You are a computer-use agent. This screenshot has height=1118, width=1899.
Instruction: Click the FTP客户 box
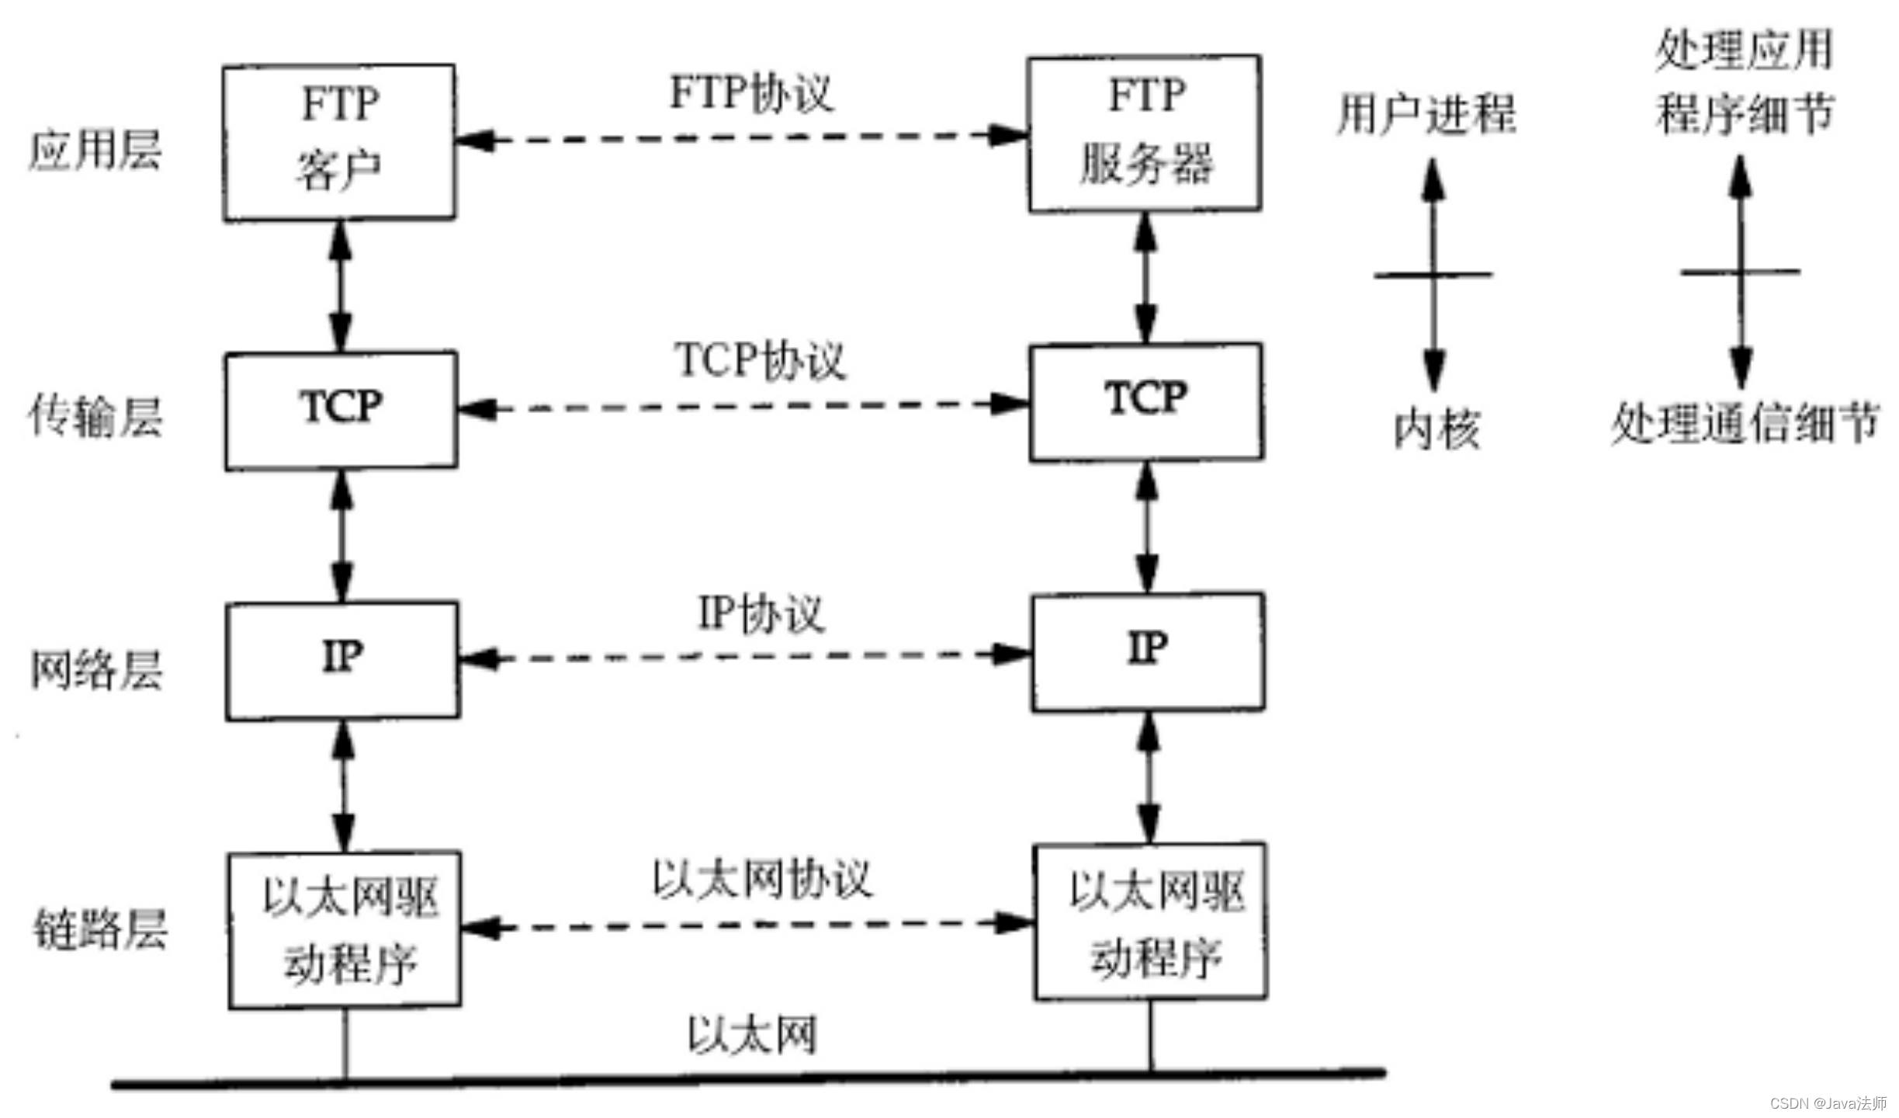pyautogui.click(x=339, y=142)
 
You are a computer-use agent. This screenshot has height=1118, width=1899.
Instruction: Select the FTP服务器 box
pyautogui.click(x=1145, y=133)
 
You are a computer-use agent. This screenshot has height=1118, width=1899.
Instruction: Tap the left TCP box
pyautogui.click(x=341, y=410)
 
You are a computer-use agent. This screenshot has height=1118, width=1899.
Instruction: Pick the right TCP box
pyautogui.click(x=1146, y=402)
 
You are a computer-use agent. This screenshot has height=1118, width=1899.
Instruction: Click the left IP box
pyautogui.click(x=342, y=660)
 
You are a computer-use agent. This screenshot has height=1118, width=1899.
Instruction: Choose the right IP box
pyautogui.click(x=1148, y=651)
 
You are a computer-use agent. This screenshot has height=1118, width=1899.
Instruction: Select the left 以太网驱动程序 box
pyautogui.click(x=345, y=929)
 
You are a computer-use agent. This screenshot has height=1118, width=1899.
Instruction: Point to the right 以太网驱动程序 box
pyautogui.click(x=1151, y=921)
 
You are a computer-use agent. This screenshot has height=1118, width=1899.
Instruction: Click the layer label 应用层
pyautogui.click(x=95, y=150)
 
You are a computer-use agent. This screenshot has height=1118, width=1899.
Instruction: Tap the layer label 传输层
pyautogui.click(x=95, y=417)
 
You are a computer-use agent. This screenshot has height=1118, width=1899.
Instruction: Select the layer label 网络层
pyautogui.click(x=96, y=669)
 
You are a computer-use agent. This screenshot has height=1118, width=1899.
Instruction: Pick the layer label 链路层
pyautogui.click(x=99, y=929)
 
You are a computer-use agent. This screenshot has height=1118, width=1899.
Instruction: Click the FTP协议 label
pyautogui.click(x=751, y=93)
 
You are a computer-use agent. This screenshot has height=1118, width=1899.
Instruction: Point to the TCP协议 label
pyautogui.click(x=760, y=360)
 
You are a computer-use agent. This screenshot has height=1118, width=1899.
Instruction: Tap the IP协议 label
pyautogui.click(x=761, y=613)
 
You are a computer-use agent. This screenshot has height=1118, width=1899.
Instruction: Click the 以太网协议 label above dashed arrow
pyautogui.click(x=761, y=880)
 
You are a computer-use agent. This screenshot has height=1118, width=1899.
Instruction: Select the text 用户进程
pyautogui.click(x=1426, y=115)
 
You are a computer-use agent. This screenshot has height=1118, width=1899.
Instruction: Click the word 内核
pyautogui.click(x=1436, y=429)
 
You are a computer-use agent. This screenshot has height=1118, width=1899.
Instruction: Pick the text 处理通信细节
pyautogui.click(x=1745, y=424)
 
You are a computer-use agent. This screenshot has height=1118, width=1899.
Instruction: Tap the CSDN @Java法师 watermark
pyautogui.click(x=1828, y=1103)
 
